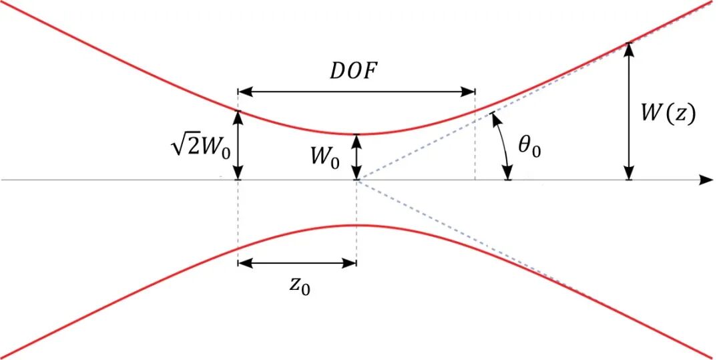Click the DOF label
[356, 73]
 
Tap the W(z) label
[668, 116]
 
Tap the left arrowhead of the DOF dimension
[244, 91]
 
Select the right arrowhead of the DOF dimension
[467, 91]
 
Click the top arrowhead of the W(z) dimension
[629, 49]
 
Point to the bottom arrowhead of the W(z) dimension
[629, 173]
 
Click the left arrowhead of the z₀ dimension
[244, 263]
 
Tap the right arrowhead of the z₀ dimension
[350, 263]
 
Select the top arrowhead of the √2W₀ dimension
[238, 118]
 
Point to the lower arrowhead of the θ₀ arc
[507, 174]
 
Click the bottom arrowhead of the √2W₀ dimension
[238, 173]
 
